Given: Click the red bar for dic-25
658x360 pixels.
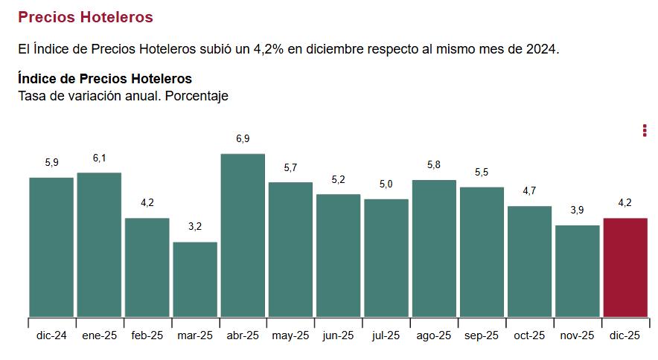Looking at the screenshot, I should [625, 268].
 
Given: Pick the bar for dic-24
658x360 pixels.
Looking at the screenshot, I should [51, 248].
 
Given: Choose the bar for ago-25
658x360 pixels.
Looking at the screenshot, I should [434, 248].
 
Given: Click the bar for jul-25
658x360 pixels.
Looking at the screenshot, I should [386, 258].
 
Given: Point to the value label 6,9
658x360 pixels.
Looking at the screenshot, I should [243, 139].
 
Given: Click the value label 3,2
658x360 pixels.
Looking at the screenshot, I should [195, 227].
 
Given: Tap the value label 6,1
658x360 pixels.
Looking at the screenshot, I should [100, 158].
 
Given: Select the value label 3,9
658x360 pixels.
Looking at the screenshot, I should [578, 210].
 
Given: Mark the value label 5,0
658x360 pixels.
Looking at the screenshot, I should [386, 184].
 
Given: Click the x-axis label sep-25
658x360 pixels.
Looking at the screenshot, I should [482, 336].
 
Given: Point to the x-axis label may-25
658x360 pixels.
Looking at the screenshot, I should [290, 336].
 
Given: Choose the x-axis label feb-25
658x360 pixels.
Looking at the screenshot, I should [147, 336].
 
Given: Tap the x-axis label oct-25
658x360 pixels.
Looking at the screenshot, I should [529, 336].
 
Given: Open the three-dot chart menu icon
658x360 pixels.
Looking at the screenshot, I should [645, 131].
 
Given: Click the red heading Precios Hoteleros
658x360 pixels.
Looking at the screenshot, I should [85, 16].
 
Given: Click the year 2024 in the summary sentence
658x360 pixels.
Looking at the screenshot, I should [540, 49].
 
